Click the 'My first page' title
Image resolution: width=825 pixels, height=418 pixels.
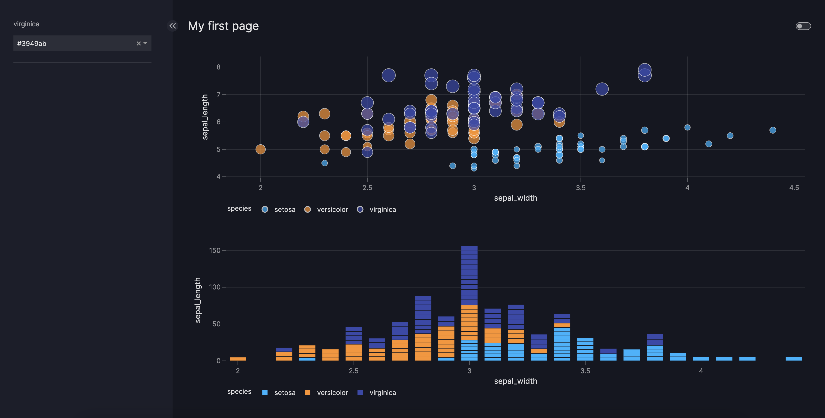223,26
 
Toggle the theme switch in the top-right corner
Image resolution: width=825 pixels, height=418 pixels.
803,26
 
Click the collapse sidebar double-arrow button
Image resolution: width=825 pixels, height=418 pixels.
173,26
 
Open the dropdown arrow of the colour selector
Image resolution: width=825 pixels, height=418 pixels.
145,43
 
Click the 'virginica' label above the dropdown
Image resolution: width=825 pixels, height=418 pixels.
26,24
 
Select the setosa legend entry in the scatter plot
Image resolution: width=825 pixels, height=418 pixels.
279,209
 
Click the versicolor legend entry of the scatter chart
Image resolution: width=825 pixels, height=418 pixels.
326,209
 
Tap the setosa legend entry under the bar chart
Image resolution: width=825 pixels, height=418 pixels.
279,392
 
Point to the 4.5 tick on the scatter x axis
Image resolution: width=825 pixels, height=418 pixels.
794,188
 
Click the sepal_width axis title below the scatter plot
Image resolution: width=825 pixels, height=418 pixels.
515,198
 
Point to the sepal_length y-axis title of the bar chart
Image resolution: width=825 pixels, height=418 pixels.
198,300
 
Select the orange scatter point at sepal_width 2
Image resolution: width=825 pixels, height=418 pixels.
260,149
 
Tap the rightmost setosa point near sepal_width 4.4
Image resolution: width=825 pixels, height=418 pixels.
773,130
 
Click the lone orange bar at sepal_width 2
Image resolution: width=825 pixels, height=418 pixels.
238,359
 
